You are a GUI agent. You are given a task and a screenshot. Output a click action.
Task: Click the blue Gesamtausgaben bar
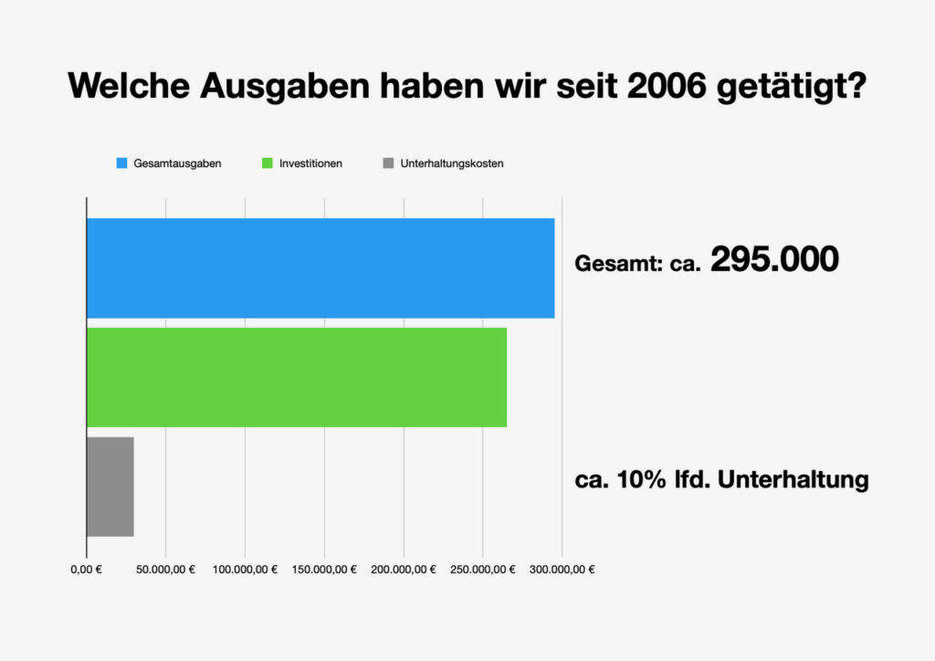click(x=320, y=268)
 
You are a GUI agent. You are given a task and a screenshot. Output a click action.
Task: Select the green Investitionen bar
click(x=296, y=377)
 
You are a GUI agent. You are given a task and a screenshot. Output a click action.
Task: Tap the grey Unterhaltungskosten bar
click(x=110, y=487)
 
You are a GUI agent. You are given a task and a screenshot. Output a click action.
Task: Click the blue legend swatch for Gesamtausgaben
click(x=121, y=163)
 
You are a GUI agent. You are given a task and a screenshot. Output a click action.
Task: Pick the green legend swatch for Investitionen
click(x=268, y=163)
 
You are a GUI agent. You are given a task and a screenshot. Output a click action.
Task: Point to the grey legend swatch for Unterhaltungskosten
click(x=388, y=163)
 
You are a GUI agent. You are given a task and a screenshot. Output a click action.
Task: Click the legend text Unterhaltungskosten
click(x=452, y=163)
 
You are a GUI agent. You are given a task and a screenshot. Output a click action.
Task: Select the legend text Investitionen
click(x=310, y=163)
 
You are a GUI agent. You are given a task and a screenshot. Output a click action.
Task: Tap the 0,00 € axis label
click(x=86, y=570)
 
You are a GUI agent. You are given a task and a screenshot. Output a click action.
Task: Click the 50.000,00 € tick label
click(x=165, y=570)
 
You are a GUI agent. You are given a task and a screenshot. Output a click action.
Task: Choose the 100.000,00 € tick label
click(x=245, y=570)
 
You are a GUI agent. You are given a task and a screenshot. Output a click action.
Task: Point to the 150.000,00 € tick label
click(x=324, y=570)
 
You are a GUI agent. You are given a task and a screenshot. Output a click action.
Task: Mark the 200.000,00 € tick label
click(x=404, y=570)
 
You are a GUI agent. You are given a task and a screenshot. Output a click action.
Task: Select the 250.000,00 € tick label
click(x=483, y=570)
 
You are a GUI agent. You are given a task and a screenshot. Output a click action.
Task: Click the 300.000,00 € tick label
click(x=562, y=570)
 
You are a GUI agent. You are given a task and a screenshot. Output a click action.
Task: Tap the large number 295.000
click(x=774, y=260)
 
